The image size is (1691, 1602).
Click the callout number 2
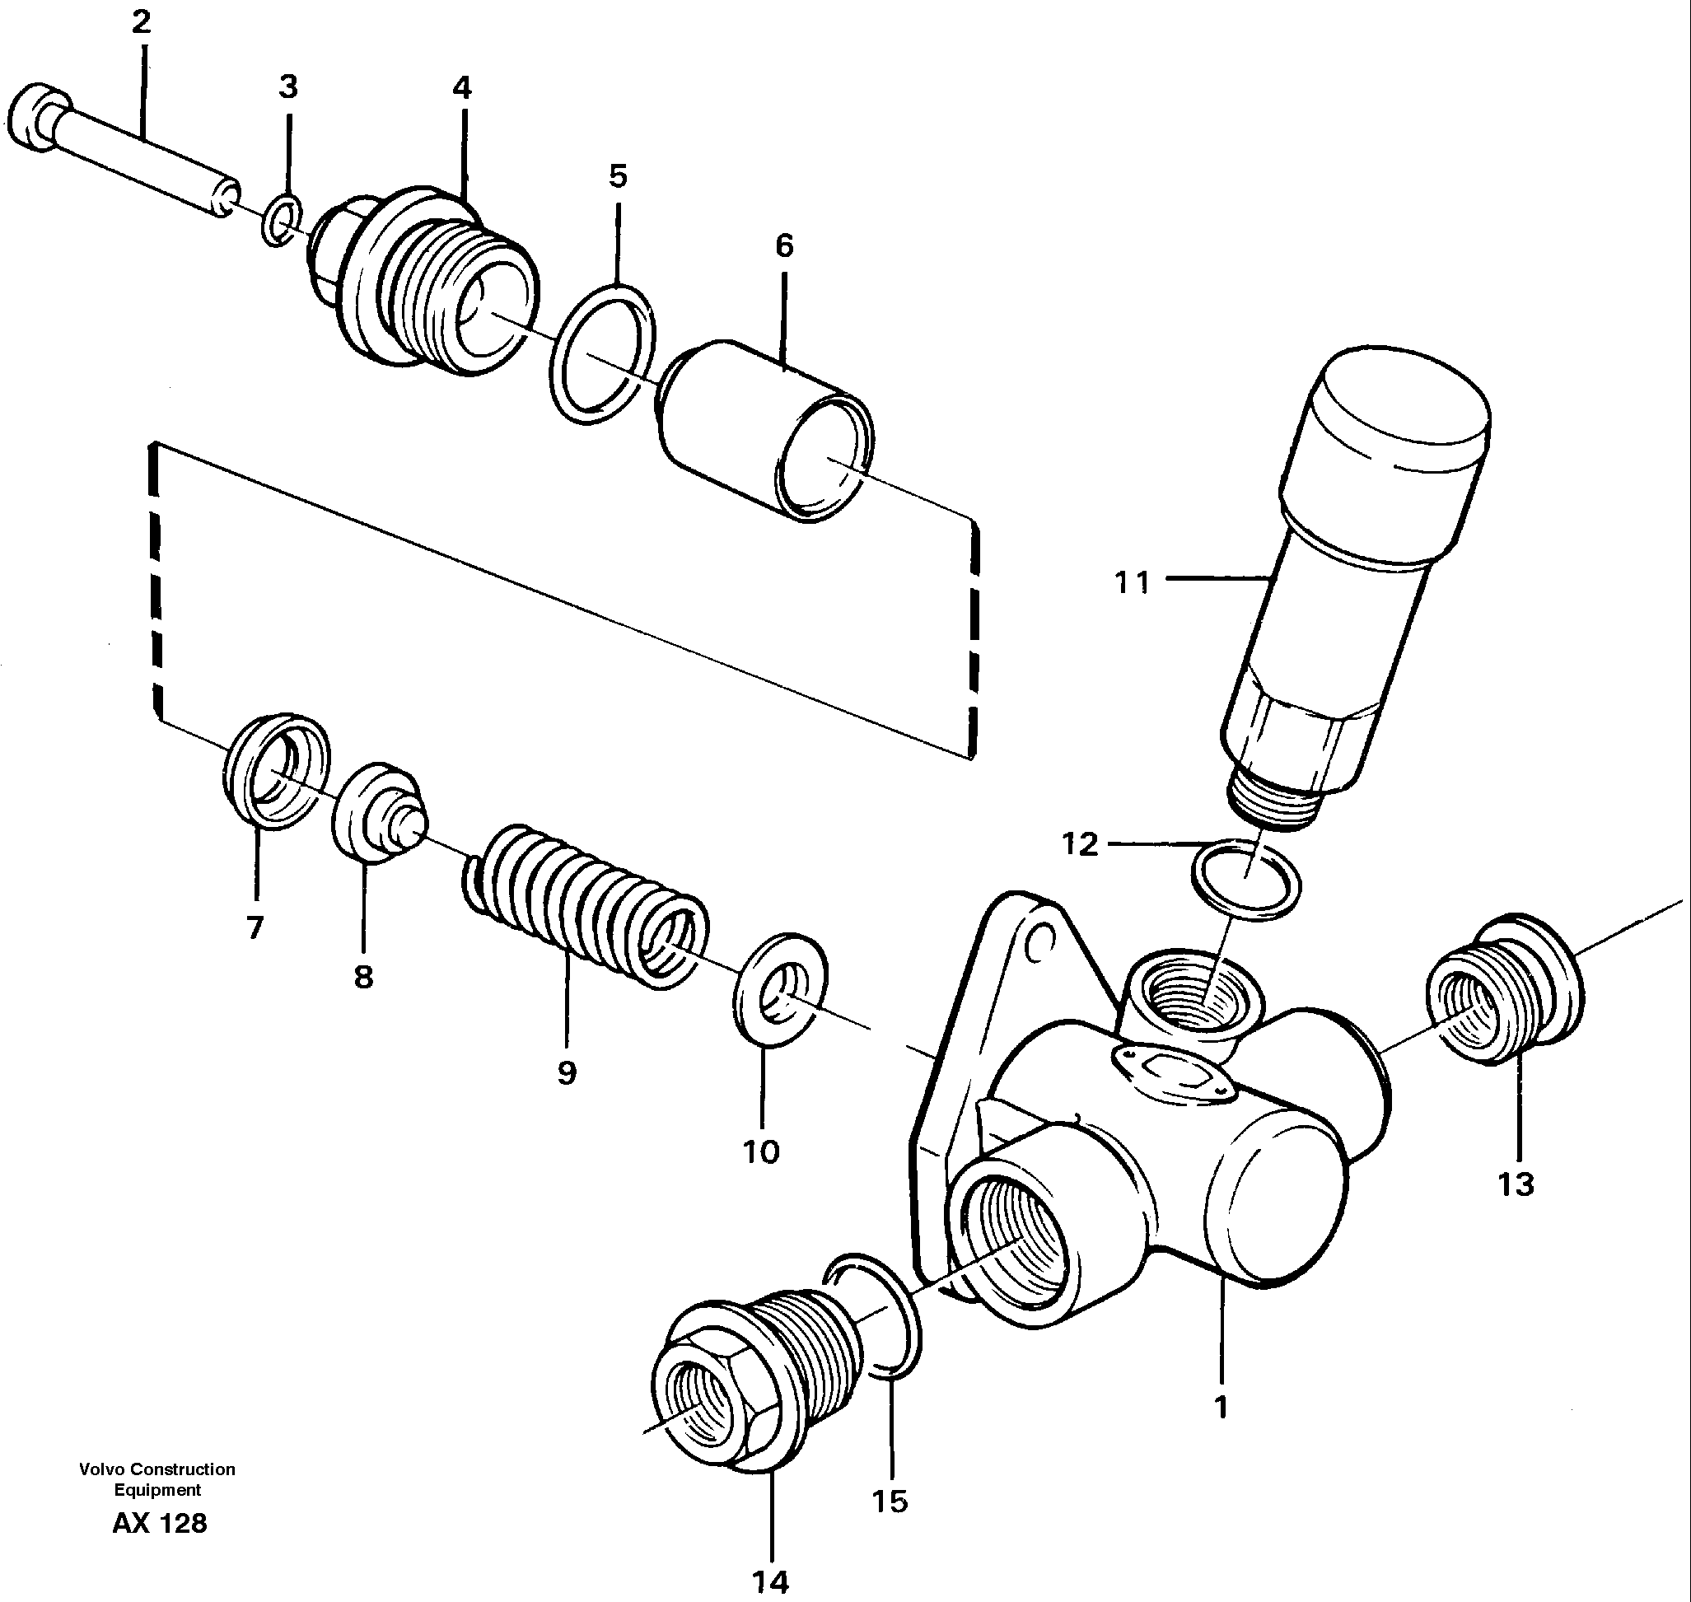click(141, 22)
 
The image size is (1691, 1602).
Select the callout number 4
click(461, 87)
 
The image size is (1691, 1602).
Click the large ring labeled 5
click(603, 353)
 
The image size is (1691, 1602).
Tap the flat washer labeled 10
click(781, 990)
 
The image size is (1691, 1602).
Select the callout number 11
click(1133, 583)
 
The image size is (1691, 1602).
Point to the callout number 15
click(889, 1501)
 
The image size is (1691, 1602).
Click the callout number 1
click(1221, 1406)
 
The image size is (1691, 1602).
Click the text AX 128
click(160, 1523)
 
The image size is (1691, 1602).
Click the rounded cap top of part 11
click(1400, 410)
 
